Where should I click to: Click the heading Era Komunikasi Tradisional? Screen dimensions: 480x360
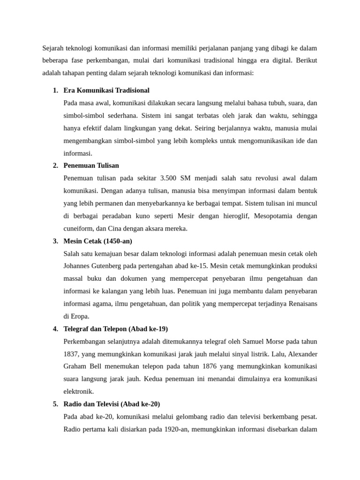(106, 90)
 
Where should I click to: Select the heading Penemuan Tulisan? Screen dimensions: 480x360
(91, 165)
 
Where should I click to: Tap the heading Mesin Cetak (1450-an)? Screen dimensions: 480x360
(97, 241)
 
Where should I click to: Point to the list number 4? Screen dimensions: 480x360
(55, 329)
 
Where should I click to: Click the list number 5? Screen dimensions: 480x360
(55, 404)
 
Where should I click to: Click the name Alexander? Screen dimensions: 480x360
(300, 354)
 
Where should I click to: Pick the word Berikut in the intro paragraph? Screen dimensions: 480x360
(307, 60)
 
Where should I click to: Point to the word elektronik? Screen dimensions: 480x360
(78, 391)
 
